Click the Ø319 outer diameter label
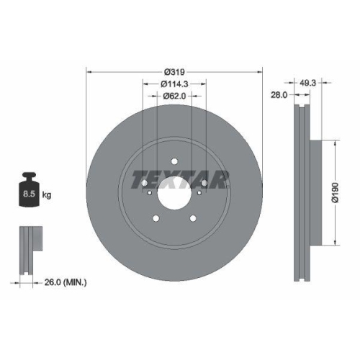pos(174,71)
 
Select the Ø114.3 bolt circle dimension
pos(174,83)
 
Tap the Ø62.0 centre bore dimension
pos(174,95)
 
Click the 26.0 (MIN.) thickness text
pos(65,282)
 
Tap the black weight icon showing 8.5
pos(30,192)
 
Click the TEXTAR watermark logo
pos(174,176)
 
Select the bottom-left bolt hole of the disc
pos(156,219)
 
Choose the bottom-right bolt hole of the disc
pos(193,219)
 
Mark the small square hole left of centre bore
pos(149,192)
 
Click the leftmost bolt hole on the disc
pos(144,183)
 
